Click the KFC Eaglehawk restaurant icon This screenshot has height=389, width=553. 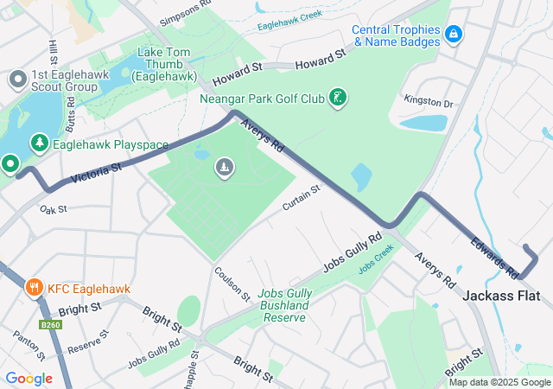35,286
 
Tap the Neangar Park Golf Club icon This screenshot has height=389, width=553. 340,98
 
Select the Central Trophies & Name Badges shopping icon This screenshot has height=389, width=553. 454,35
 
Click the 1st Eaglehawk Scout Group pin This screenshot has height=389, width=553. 17,80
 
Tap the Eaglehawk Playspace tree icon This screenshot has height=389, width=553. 39,143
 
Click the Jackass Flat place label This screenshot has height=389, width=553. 501,296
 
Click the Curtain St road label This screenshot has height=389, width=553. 301,197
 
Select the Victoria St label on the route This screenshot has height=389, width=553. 97,175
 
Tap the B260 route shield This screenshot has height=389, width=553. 50,325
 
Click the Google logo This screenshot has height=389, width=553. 29,378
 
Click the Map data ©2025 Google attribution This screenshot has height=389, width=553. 499,382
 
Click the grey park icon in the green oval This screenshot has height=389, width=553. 224,166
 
